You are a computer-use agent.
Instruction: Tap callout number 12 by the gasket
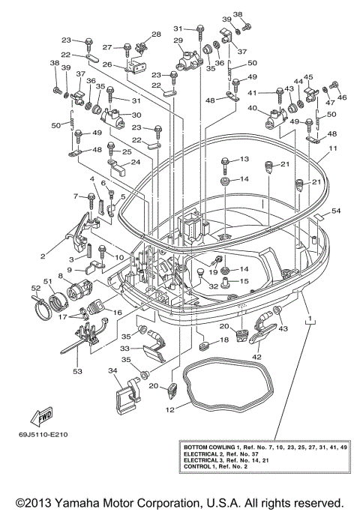point(171,409)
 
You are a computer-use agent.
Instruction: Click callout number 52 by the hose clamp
point(34,287)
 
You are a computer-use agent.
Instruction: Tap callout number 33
point(125,348)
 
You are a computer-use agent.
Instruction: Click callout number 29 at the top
point(178,40)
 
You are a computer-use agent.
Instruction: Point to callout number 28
point(157,34)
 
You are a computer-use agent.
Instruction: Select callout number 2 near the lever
point(43,256)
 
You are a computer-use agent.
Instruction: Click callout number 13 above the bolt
point(244,160)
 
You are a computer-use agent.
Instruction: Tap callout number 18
point(223,340)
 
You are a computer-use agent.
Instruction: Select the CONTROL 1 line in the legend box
point(202,470)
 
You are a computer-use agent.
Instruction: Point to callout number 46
point(343,97)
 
